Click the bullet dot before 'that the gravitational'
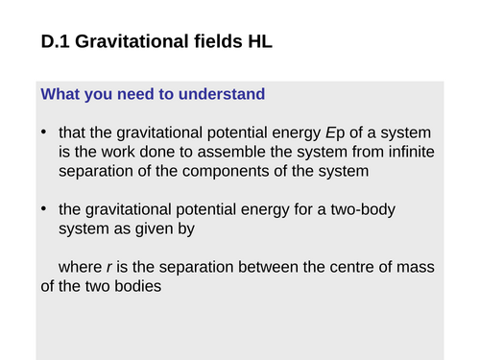tap(45, 132)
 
